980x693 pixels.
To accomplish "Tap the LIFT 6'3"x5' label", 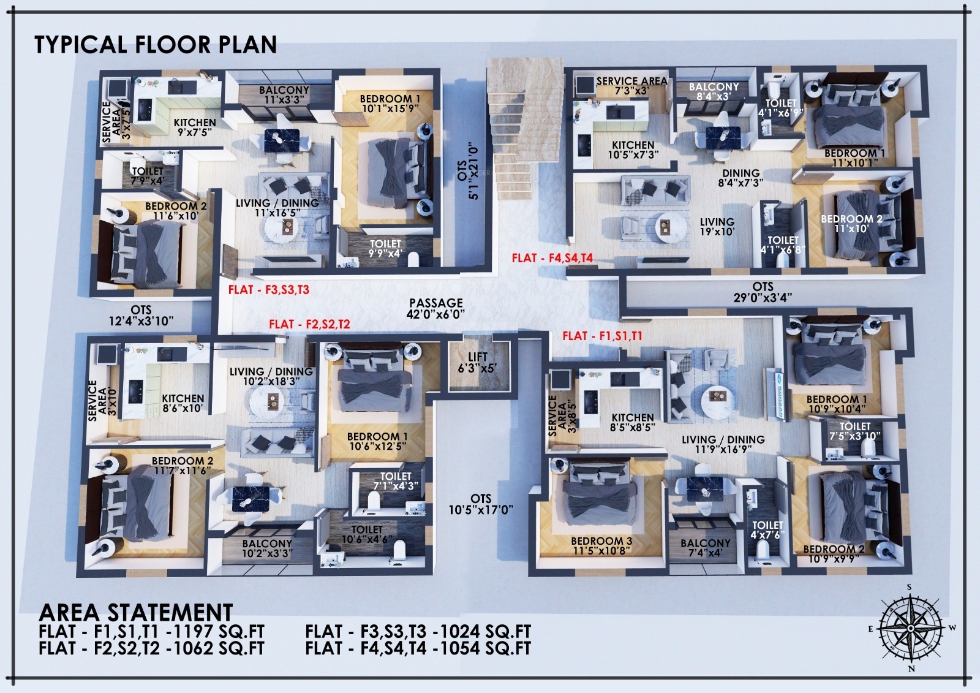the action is (x=477, y=363).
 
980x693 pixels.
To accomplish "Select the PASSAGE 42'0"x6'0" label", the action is (x=435, y=308).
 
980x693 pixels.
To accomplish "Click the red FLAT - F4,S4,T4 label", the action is (x=552, y=258).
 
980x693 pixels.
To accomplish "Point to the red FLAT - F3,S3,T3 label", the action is (x=269, y=289).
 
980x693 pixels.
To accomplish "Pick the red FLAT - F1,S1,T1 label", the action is (x=603, y=336).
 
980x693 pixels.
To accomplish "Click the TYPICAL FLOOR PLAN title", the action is (x=156, y=44).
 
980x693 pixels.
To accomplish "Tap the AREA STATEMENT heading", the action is (x=135, y=612).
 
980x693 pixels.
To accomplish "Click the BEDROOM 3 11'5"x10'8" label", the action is (x=601, y=545).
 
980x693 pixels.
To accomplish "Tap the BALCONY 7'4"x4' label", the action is (x=705, y=548).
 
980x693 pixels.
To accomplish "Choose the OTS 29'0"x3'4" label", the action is (x=763, y=292).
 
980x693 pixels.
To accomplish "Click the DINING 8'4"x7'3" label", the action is (x=741, y=178).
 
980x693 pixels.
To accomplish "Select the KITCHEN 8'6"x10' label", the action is (x=183, y=403).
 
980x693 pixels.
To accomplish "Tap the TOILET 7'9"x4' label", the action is (x=148, y=176).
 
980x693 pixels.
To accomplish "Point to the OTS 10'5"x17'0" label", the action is (x=481, y=504).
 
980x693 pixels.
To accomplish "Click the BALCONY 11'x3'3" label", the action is (x=284, y=94).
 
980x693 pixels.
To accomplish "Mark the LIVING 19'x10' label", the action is (x=717, y=226).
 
